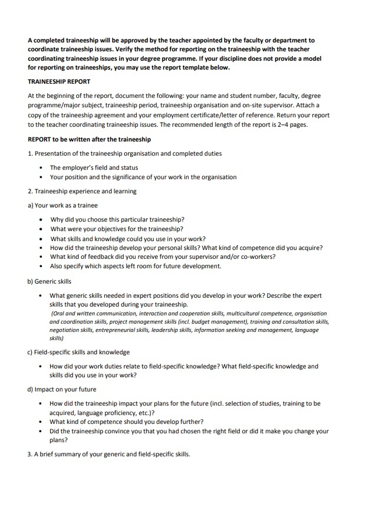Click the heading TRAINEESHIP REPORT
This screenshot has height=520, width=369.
pyautogui.click(x=59, y=82)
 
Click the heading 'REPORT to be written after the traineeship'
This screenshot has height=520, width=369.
pyautogui.click(x=89, y=140)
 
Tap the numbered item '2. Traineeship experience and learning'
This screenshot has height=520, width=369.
pyautogui.click(x=82, y=191)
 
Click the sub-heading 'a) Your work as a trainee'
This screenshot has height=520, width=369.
pyautogui.click(x=62, y=205)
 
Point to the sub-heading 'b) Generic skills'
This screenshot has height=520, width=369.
pyautogui.click(x=50, y=281)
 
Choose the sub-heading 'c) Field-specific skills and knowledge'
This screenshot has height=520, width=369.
pyautogui.click(x=78, y=352)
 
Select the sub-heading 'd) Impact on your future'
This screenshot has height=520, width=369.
pyautogui.click(x=62, y=389)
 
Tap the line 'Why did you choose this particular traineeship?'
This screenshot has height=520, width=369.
pyautogui.click(x=117, y=219)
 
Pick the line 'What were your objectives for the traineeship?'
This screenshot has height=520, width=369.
pyautogui.click(x=116, y=229)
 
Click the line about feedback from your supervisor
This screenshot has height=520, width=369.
pyautogui.click(x=163, y=256)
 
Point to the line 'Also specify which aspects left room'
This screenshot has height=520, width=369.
pyautogui.click(x=136, y=266)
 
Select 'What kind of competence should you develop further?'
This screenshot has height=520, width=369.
pyautogui.click(x=127, y=422)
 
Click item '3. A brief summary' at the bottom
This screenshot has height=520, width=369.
pyautogui.click(x=109, y=454)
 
